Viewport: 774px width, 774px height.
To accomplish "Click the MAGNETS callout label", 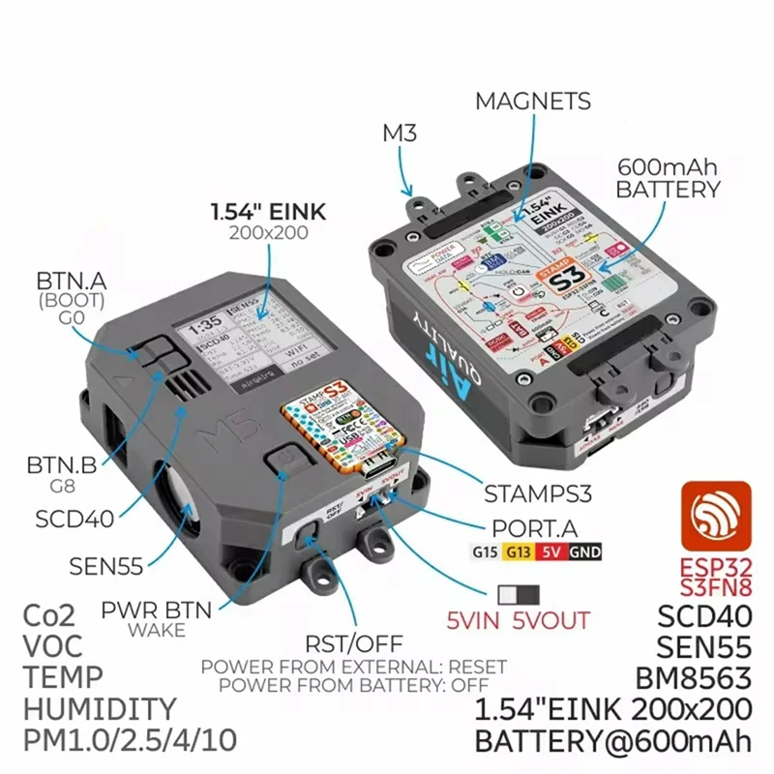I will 532,101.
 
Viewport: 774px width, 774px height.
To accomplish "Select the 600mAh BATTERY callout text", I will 669,176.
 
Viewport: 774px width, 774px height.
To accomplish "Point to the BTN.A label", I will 70,282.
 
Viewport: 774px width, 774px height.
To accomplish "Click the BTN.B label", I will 61,464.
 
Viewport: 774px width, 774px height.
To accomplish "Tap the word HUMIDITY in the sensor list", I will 101,708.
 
